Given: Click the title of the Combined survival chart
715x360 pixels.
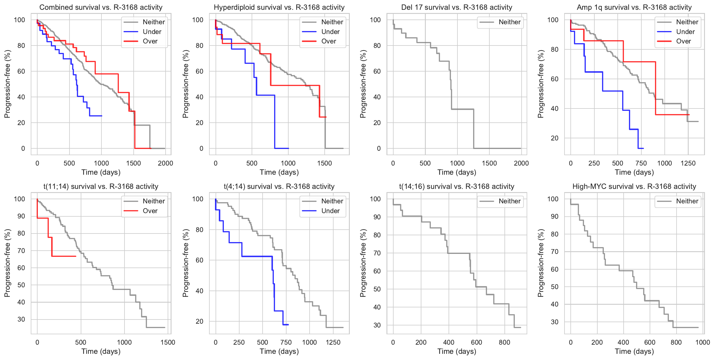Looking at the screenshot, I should click(101, 7).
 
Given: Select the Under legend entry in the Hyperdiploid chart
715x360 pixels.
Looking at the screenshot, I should click(330, 32).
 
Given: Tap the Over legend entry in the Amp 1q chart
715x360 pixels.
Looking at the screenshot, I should click(683, 41).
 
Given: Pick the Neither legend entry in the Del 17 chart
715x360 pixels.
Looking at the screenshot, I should click(509, 22).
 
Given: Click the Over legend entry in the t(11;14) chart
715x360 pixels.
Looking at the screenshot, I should click(150, 211).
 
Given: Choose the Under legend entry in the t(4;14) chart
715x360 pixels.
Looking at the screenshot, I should click(330, 211).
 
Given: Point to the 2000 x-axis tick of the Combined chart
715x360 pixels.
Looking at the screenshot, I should click(165, 163).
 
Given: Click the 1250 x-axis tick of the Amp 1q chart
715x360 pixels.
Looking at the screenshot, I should click(688, 163).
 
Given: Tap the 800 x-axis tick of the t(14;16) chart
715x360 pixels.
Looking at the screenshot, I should click(504, 342).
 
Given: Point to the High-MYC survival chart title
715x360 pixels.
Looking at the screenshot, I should click(634, 187).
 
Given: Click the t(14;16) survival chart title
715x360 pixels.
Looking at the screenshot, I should click(457, 187).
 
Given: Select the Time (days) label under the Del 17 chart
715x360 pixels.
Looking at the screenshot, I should click(457, 172).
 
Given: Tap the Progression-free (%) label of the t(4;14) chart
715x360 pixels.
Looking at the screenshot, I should click(185, 263).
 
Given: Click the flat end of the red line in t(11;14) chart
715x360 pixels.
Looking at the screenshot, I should click(76, 256).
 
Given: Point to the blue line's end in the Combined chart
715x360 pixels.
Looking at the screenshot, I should click(101, 116).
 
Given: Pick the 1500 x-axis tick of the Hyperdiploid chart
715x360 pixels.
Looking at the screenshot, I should click(324, 163).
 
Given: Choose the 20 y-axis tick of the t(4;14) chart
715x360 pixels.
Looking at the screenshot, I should click(200, 322).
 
